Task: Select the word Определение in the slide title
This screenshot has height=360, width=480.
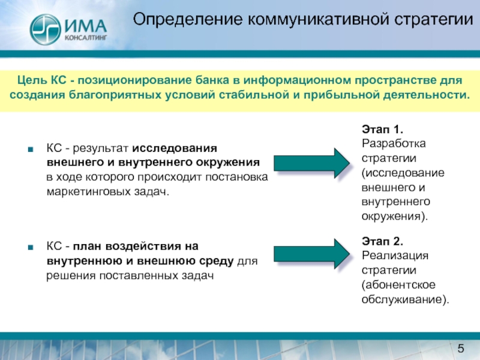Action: pyautogui.click(x=184, y=20)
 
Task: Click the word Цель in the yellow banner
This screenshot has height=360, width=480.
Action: pyautogui.click(x=29, y=80)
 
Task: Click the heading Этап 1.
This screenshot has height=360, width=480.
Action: pyautogui.click(x=382, y=130)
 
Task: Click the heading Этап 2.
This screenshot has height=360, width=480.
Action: pyautogui.click(x=382, y=242)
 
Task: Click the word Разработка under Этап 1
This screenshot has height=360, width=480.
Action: pyautogui.click(x=393, y=144)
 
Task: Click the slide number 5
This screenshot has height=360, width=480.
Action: pyautogui.click(x=461, y=349)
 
